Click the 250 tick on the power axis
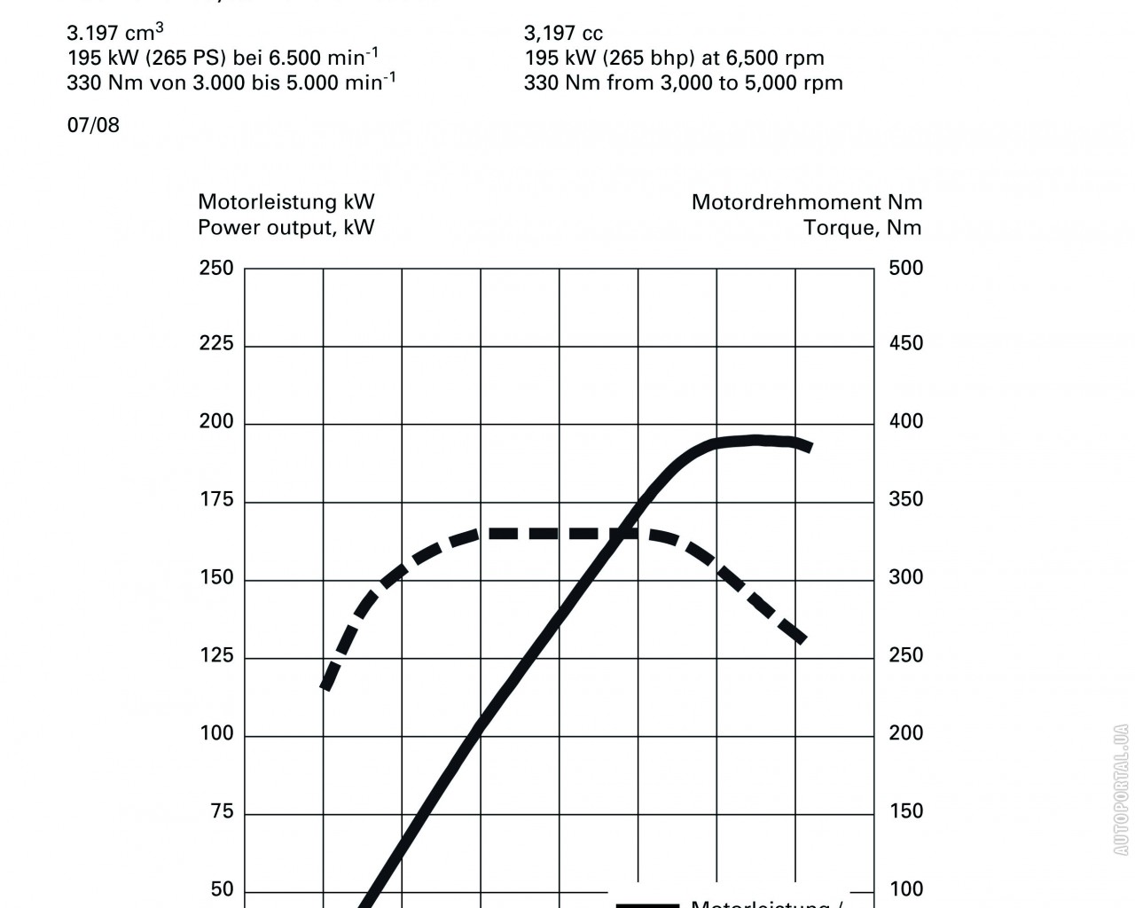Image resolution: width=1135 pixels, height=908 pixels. click(x=216, y=268)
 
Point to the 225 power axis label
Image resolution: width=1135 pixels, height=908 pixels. click(x=216, y=344)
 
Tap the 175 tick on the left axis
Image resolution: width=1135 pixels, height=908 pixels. click(x=216, y=500)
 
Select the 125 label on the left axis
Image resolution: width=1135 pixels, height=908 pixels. click(x=216, y=656)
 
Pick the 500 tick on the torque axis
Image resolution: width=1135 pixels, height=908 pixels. click(x=906, y=268)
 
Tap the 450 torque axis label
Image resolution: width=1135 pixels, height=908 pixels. click(x=906, y=344)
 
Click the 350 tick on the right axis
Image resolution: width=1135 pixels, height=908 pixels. click(x=906, y=500)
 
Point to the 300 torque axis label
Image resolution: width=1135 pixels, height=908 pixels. click(x=906, y=578)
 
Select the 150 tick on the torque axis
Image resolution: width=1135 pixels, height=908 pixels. click(x=906, y=812)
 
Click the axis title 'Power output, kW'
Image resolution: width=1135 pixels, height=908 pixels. click(x=286, y=228)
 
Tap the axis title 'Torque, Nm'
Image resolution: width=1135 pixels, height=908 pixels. click(x=862, y=228)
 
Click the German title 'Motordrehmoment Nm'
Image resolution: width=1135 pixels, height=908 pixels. click(x=806, y=203)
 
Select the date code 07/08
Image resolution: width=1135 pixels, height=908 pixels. click(x=93, y=125)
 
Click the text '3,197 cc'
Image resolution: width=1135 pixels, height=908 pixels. click(x=563, y=34)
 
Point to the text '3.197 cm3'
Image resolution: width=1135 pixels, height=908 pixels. click(x=114, y=34)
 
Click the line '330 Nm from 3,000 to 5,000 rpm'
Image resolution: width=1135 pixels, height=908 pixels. click(x=683, y=83)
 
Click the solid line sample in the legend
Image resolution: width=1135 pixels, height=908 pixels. click(x=647, y=904)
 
